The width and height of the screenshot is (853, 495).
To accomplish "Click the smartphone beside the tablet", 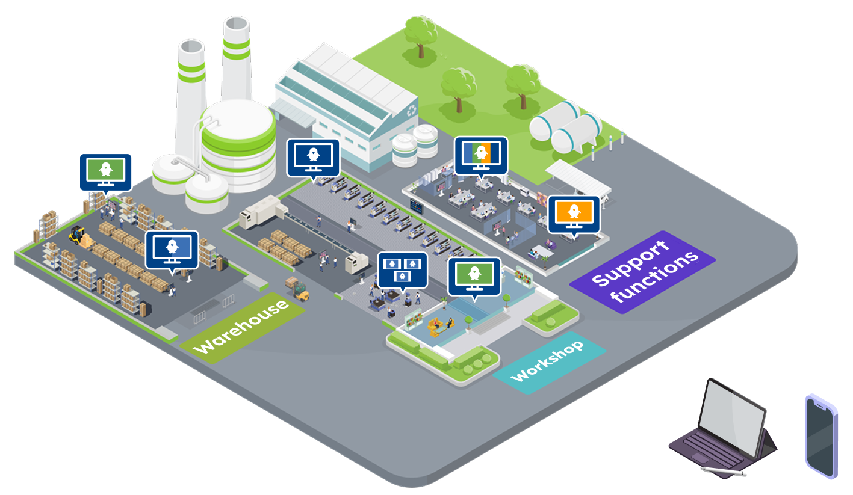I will tap(821, 436).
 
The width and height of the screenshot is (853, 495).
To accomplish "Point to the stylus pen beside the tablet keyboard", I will tap(723, 470).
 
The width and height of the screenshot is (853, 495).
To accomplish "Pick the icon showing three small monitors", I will tap(402, 269).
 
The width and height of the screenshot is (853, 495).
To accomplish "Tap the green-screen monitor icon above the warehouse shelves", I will tap(105, 171).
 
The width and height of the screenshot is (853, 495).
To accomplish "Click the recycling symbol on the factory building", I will tap(412, 110).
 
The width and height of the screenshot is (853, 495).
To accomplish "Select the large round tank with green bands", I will tap(238, 145).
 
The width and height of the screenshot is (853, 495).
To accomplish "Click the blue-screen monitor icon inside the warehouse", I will tap(172, 248).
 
